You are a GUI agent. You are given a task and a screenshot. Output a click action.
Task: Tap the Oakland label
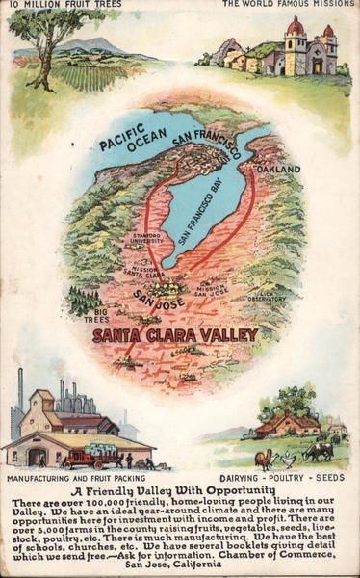click(279, 170)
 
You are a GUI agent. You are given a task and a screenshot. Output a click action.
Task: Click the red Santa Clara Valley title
click(175, 335)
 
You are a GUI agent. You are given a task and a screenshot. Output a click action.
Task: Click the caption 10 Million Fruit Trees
click(53, 5)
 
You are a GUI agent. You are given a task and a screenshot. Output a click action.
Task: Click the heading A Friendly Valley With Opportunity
click(180, 490)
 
